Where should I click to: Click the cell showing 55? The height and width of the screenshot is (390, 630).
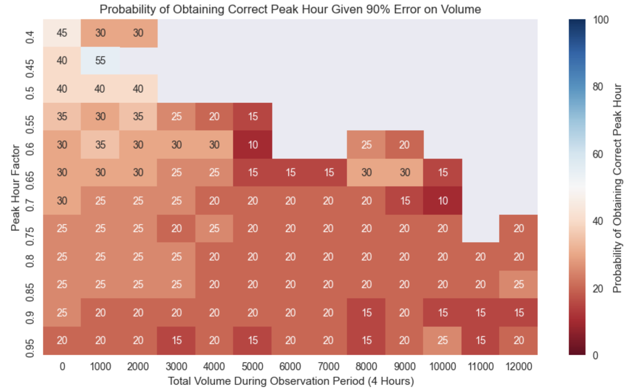click(x=100, y=61)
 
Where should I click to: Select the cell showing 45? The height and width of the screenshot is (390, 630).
click(x=62, y=33)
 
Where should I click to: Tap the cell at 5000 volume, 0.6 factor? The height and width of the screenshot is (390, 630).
click(x=253, y=145)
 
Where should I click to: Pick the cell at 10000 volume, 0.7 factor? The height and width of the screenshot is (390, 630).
click(x=443, y=200)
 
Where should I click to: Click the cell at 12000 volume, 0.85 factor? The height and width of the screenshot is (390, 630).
click(x=518, y=284)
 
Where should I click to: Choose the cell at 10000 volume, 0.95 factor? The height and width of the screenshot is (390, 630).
click(x=443, y=340)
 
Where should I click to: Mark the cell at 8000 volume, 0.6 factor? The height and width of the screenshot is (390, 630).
click(x=366, y=145)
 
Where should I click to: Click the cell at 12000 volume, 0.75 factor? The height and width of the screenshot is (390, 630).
click(x=518, y=228)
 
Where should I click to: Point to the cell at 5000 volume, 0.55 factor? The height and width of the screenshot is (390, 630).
click(x=253, y=116)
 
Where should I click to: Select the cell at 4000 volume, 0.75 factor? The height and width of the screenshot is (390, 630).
click(x=214, y=228)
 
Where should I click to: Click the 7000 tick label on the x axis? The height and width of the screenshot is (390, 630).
click(x=328, y=366)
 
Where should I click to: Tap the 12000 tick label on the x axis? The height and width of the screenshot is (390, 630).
click(x=518, y=366)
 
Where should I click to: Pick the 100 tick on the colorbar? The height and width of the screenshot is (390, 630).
click(x=600, y=20)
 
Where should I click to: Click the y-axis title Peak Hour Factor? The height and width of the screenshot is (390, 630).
click(x=15, y=187)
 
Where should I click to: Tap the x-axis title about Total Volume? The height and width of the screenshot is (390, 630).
click(x=290, y=381)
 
